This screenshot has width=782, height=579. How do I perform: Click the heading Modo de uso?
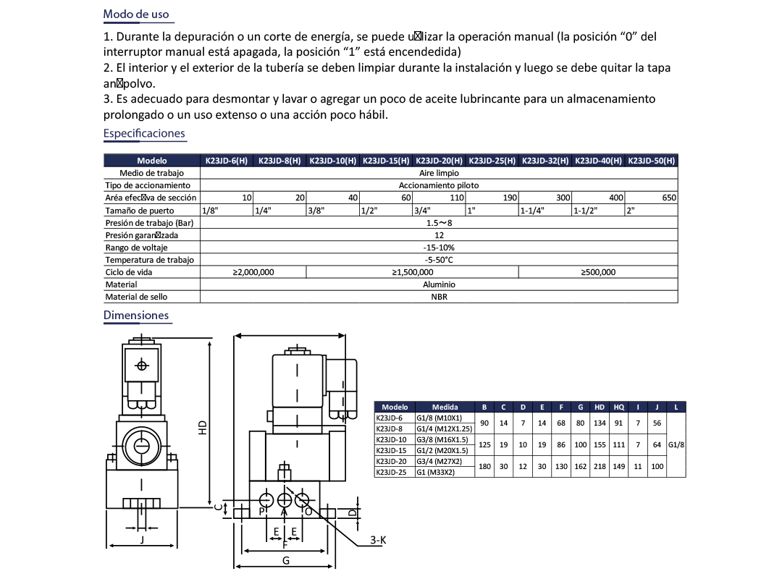click(x=136, y=14)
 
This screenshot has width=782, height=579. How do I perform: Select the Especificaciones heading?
click(x=144, y=133)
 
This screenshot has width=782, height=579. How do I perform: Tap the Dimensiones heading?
click(x=136, y=315)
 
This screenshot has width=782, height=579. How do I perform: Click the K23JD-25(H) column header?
click(x=492, y=161)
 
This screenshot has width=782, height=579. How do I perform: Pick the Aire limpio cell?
click(x=439, y=173)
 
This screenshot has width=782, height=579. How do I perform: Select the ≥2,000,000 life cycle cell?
click(x=253, y=272)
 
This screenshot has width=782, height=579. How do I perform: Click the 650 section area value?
click(x=668, y=198)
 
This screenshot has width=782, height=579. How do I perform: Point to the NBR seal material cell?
click(x=439, y=297)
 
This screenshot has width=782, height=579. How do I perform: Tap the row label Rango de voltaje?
click(x=137, y=248)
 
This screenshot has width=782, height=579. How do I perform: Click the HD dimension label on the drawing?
click(x=203, y=428)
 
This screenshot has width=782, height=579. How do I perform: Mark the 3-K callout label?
click(x=378, y=540)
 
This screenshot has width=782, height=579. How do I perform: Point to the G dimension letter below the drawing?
click(x=286, y=561)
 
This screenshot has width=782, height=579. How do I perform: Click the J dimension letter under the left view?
click(x=142, y=540)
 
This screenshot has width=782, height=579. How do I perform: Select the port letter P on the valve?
click(x=262, y=512)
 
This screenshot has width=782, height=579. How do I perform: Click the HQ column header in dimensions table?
click(x=618, y=407)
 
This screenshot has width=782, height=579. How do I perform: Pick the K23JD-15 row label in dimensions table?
click(x=390, y=450)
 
